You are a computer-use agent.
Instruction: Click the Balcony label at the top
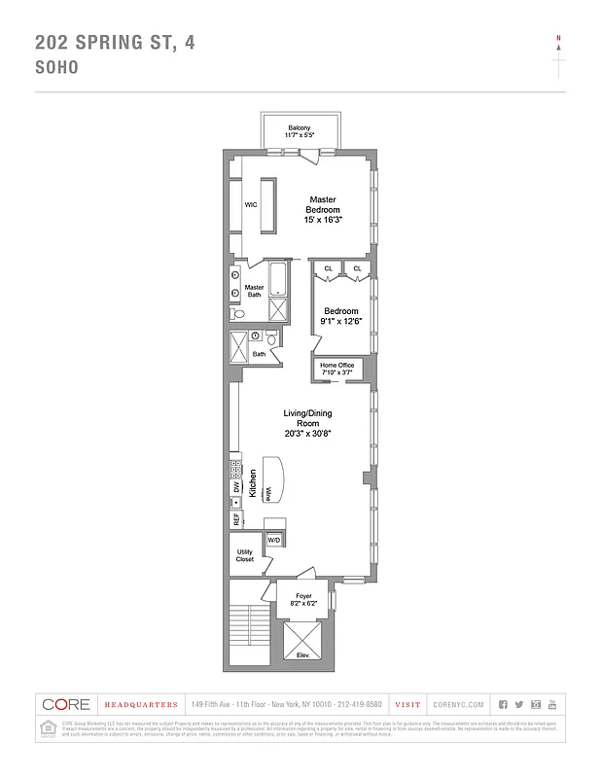tap(300, 131)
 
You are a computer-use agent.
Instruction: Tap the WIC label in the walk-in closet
tap(250, 205)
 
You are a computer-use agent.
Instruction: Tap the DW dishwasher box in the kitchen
tap(235, 487)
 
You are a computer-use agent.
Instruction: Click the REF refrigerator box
tap(235, 519)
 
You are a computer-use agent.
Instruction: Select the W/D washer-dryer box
tap(273, 539)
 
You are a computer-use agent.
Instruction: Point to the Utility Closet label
tap(244, 555)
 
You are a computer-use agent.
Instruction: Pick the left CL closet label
tap(328, 268)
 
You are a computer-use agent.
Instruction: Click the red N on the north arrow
tap(558, 38)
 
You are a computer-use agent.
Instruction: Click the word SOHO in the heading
tap(56, 69)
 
